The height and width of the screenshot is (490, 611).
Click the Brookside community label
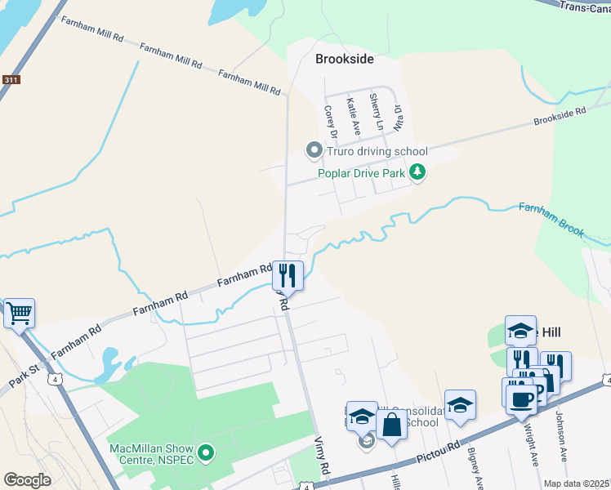coord(345,59)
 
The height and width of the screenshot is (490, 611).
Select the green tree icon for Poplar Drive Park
coord(417,171)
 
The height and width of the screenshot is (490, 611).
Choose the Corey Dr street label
coord(331,122)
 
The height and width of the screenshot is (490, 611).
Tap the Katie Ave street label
coord(353,116)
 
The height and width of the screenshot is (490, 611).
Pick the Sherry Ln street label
coord(376,112)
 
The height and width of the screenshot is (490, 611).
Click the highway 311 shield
coord(11,80)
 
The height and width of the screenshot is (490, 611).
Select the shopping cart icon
coord(19,312)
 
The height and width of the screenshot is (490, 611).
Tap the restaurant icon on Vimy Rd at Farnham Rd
coord(288,274)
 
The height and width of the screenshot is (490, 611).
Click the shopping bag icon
coord(391,425)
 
